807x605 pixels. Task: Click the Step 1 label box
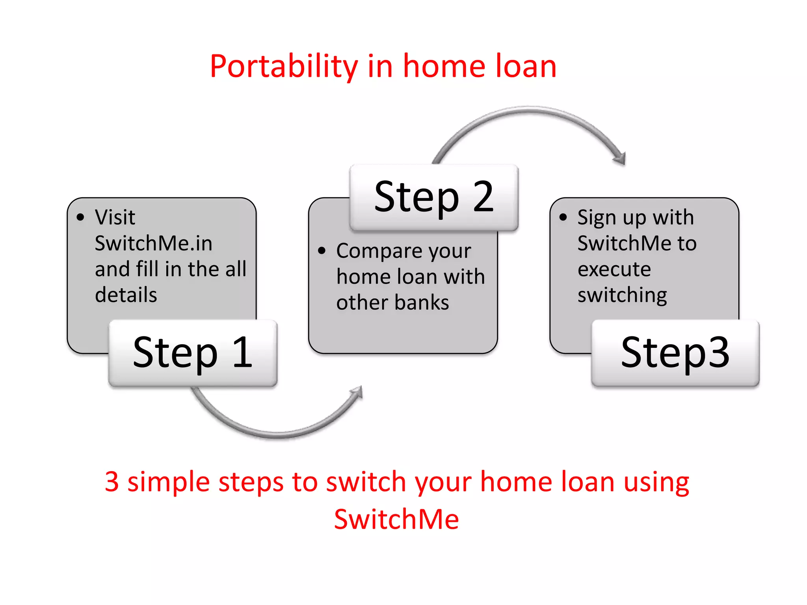point(193,353)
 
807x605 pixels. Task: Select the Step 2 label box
point(434,197)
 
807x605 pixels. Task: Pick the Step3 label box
point(675,353)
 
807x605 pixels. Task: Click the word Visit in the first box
point(115,217)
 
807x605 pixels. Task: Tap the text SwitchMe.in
point(154,243)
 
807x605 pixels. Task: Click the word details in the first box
point(126,295)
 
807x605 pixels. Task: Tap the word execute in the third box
point(614,269)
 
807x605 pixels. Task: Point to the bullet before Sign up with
point(563,217)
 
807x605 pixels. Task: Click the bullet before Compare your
point(322,251)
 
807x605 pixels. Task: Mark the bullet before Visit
point(80,217)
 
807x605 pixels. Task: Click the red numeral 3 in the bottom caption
point(112,481)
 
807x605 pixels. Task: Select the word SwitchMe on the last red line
point(396,519)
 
